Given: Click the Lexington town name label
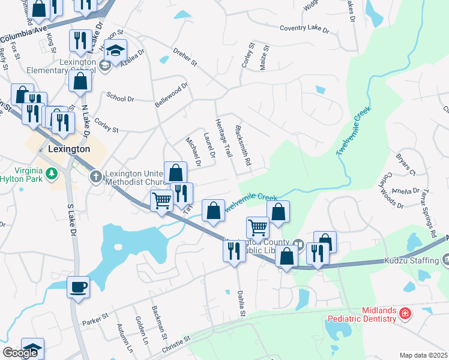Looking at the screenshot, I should pos(68,149).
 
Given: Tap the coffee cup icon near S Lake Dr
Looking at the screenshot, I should pos(78,286).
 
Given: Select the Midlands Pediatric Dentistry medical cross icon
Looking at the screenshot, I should pos(406,314).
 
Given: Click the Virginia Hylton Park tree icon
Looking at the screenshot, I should pos(52,174).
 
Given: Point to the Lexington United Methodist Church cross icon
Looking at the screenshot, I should pos(95,176).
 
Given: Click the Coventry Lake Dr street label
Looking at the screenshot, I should pos(304,28).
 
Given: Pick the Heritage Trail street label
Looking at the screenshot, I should pos(223,137).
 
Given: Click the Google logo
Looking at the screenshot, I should pos(20,353).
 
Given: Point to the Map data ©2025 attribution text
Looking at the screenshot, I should pos(423,355).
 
